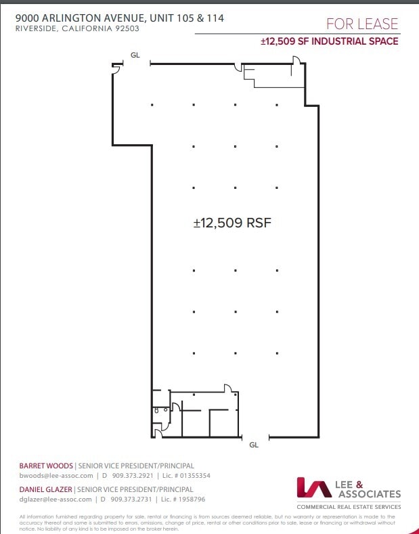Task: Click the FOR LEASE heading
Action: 361,24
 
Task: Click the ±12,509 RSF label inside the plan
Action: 232,222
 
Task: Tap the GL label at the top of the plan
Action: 135,55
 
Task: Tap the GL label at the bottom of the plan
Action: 254,445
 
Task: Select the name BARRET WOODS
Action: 46,466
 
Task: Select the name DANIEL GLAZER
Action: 47,489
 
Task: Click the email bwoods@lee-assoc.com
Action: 56,476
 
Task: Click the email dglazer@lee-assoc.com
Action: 56,499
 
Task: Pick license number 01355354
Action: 193,476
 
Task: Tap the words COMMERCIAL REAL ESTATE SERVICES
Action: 349,507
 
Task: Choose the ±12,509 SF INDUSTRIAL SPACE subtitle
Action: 330,41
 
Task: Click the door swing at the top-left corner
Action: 116,68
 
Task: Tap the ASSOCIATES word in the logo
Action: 369,494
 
